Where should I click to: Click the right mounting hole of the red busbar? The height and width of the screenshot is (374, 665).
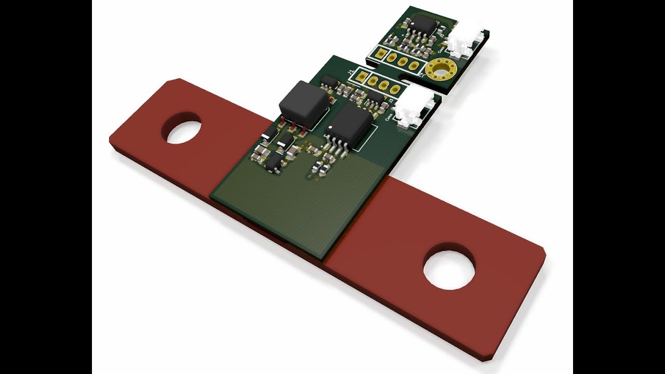[x=449, y=266]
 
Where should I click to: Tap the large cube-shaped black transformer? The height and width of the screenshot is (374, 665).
[x=303, y=104]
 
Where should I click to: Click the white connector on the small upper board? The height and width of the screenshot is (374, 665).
[x=465, y=40]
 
